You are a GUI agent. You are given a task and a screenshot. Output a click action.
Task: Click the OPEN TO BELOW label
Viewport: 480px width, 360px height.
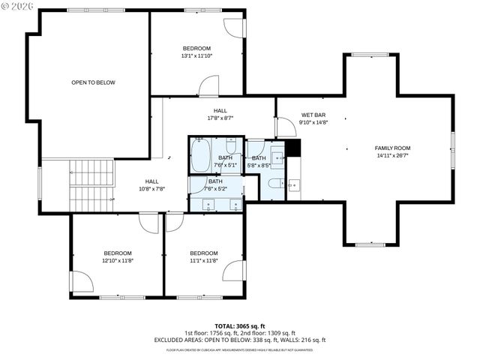(93, 82)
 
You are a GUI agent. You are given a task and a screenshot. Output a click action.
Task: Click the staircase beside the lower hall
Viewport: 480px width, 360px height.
(91, 184)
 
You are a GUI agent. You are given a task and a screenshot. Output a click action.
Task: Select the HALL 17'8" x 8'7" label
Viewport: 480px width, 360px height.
(220, 114)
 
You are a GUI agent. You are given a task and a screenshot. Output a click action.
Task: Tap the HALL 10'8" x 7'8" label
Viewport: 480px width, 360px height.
(151, 185)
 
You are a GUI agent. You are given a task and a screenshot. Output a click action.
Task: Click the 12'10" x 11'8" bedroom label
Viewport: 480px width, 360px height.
(118, 256)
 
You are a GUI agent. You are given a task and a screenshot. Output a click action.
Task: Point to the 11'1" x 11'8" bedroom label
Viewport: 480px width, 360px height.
(203, 256)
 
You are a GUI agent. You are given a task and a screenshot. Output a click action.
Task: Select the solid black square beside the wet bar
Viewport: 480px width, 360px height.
(292, 148)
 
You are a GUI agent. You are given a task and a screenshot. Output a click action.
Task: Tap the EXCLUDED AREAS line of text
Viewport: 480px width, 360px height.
(239, 340)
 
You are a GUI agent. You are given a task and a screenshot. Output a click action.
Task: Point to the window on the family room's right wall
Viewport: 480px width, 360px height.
(453, 148)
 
